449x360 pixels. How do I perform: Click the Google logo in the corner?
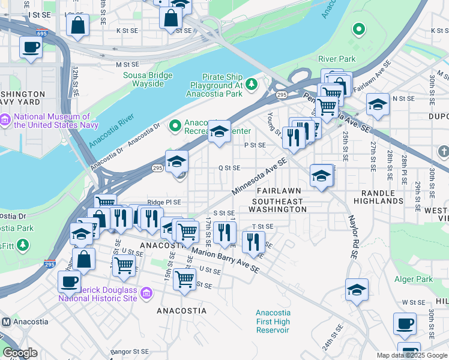pyautogui.click(x=20, y=353)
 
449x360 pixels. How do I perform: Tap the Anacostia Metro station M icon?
pyautogui.click(x=6, y=322)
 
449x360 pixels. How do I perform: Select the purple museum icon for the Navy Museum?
pyautogui.click(x=6, y=121)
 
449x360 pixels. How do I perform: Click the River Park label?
pyautogui.click(x=337, y=59)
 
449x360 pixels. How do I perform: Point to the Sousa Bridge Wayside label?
pyautogui.click(x=148, y=79)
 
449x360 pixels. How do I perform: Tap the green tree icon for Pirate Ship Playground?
pyautogui.click(x=253, y=82)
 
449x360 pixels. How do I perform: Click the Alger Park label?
pyautogui.click(x=414, y=279)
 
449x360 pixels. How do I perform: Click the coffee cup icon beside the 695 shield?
pyautogui.click(x=31, y=47)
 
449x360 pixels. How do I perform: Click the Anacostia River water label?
pyautogui.click(x=111, y=127)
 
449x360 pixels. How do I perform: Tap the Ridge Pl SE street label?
pyautogui.click(x=164, y=203)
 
